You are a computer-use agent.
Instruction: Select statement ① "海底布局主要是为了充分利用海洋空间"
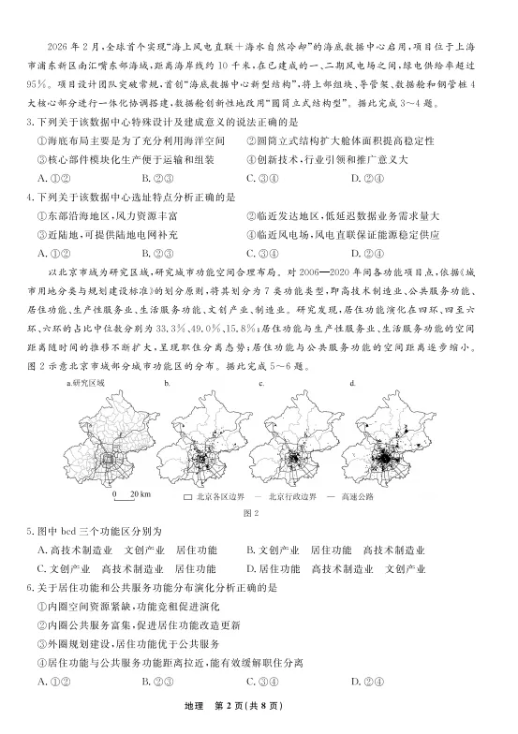[x=131, y=141]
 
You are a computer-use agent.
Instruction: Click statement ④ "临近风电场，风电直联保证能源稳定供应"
[x=356, y=234]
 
